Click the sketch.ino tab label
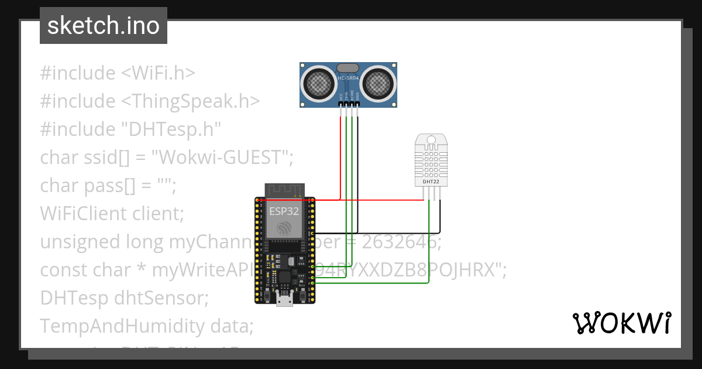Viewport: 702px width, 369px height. click(x=104, y=26)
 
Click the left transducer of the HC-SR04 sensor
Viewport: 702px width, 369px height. click(x=319, y=83)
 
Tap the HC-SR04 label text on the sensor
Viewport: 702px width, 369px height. click(x=349, y=77)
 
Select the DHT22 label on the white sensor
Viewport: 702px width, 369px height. click(x=431, y=182)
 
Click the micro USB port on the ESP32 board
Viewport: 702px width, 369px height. click(x=285, y=300)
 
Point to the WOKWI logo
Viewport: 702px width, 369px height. click(x=621, y=323)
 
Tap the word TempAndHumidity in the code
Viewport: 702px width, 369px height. click(x=118, y=326)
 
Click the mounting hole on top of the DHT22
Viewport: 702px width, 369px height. click(x=431, y=141)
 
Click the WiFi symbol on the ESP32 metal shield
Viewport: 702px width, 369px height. click(x=284, y=228)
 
